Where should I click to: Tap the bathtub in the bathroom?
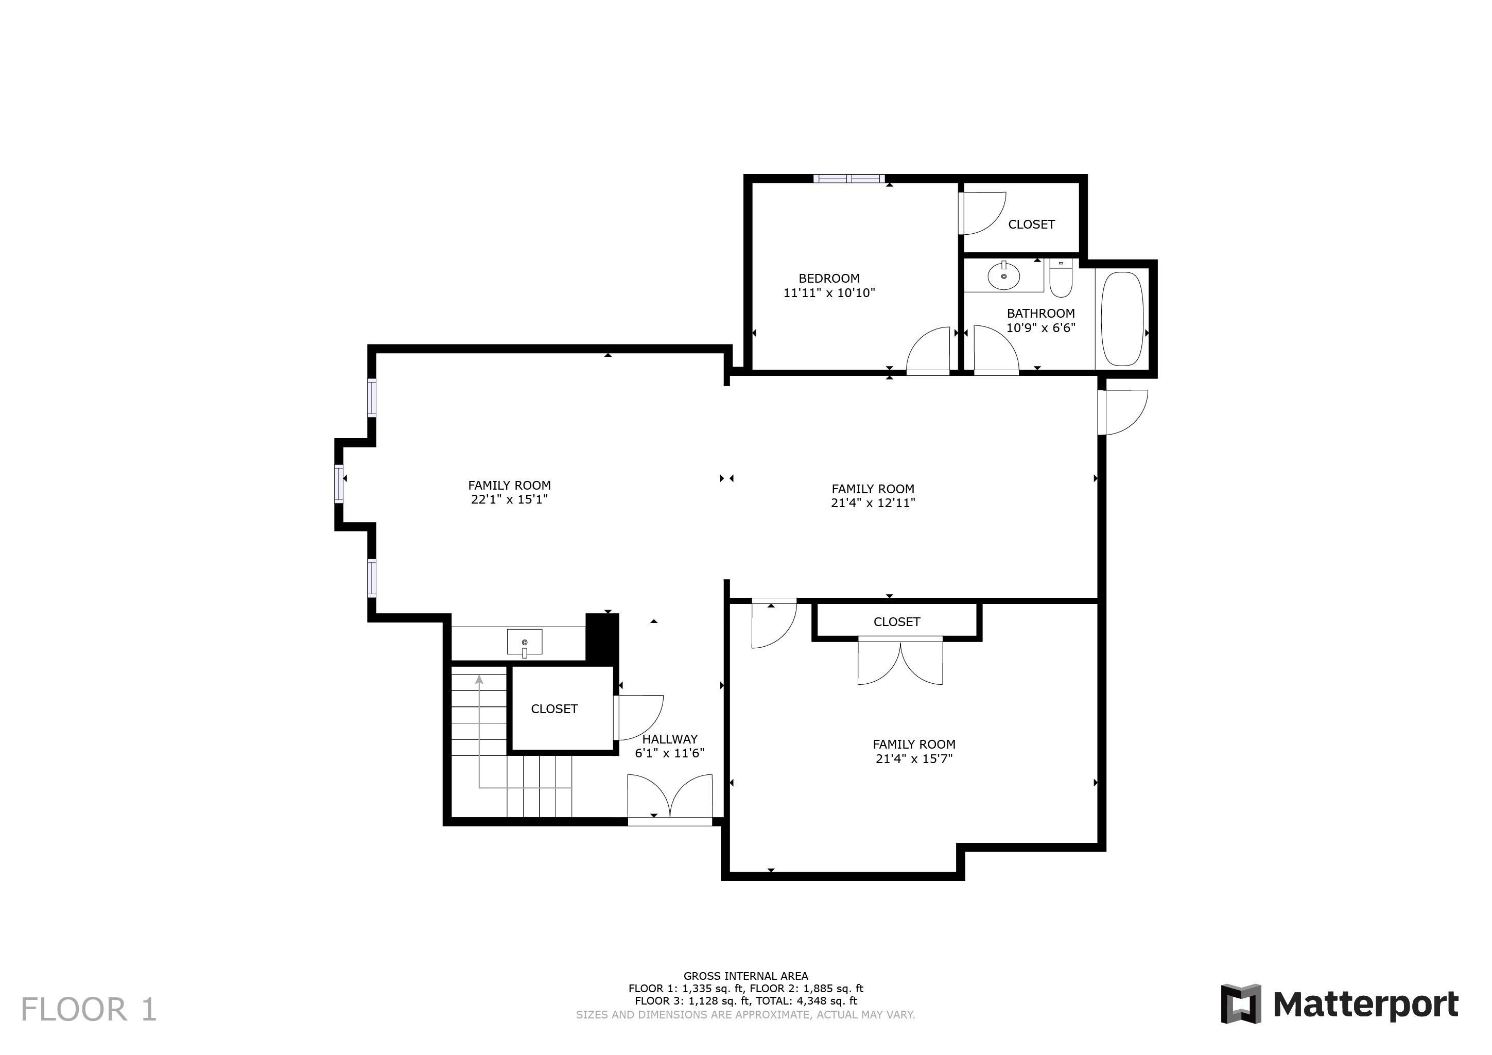[1122, 319]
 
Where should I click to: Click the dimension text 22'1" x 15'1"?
[510, 499]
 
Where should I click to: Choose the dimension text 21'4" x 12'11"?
[873, 503]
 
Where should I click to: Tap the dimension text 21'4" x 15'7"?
[914, 758]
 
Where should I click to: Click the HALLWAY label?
[669, 739]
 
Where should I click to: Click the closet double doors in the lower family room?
[900, 662]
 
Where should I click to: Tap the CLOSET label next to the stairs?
[553, 709]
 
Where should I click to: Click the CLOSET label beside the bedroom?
[1031, 224]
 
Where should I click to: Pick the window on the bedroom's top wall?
[848, 179]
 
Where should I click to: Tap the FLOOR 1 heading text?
[89, 1010]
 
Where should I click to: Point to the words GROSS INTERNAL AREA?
[745, 976]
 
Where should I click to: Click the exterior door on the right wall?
[1123, 411]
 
